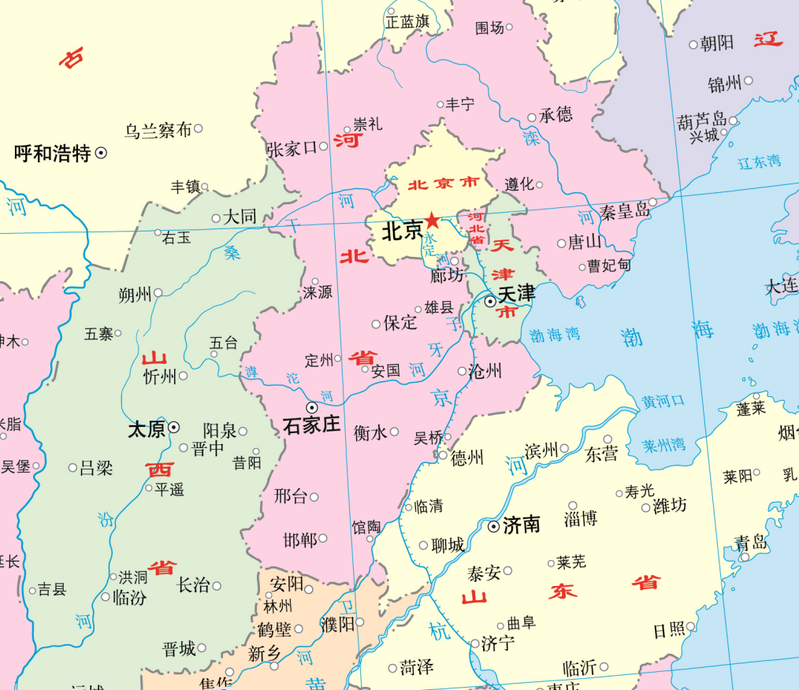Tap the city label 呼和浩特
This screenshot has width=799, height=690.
[x=53, y=153]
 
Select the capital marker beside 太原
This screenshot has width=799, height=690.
[x=174, y=427]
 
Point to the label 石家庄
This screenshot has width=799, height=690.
[x=311, y=425]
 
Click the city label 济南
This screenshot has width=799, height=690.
[x=521, y=525]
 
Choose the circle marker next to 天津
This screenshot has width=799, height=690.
[x=490, y=301]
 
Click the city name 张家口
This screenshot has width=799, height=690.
[x=292, y=148]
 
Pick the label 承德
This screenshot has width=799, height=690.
[x=556, y=115]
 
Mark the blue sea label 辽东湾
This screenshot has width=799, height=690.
[x=760, y=162]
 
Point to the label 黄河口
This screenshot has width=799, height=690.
[x=663, y=401]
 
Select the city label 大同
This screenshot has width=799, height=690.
[x=240, y=217]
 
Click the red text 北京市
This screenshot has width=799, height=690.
[x=443, y=184]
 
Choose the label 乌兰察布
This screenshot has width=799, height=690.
[x=158, y=130]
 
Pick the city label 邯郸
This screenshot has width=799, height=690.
[x=299, y=540]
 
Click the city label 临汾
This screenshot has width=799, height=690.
[x=130, y=597]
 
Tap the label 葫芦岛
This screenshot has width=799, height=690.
[x=702, y=121]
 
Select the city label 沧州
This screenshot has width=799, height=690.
[x=485, y=371]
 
